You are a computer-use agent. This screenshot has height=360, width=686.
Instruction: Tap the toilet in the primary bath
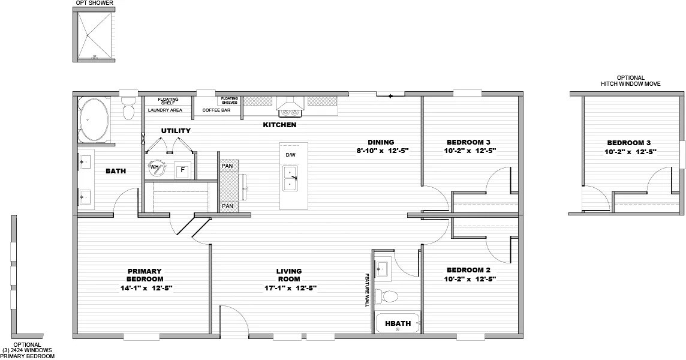click(128, 111)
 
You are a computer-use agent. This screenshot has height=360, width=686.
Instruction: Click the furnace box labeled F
click(182, 170)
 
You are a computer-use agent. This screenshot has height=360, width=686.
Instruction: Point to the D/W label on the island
click(290, 155)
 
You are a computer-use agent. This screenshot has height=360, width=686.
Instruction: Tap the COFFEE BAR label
click(216, 110)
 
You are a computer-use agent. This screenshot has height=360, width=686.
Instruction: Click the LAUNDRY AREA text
click(165, 110)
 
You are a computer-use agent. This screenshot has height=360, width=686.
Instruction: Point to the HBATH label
click(398, 324)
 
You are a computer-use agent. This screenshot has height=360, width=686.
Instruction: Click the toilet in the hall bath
click(387, 296)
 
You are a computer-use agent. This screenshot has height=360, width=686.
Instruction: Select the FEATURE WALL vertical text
click(367, 290)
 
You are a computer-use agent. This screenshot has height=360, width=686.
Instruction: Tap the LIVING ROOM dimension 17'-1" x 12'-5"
click(289, 288)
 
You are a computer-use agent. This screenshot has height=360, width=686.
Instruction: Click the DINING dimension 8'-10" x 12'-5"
click(382, 151)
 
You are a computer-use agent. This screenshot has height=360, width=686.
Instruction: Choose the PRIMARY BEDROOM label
click(145, 275)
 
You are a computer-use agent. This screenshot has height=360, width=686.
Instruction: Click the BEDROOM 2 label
click(468, 270)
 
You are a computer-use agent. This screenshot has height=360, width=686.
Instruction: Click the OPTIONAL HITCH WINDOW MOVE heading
click(631, 81)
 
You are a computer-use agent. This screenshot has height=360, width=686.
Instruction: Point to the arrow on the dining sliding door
click(390, 95)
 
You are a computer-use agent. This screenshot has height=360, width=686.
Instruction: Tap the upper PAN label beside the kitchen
click(227, 166)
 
